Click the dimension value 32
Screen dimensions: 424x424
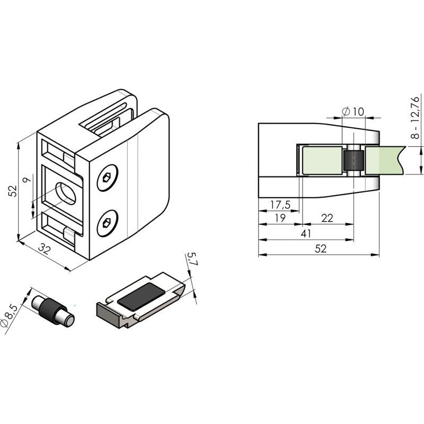43,249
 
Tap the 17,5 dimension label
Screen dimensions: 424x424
280,205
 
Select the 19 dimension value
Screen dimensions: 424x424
280,218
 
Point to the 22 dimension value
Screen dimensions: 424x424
327,218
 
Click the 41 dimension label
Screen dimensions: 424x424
306,233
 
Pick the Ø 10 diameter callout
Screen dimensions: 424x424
353,111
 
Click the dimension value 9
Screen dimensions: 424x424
26,180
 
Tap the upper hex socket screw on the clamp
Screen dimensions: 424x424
108,178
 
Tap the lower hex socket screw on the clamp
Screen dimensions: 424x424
108,223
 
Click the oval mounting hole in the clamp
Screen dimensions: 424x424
66,193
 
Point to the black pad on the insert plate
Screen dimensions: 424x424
141,296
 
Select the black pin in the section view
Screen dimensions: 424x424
353,161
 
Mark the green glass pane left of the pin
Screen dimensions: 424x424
322,160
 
